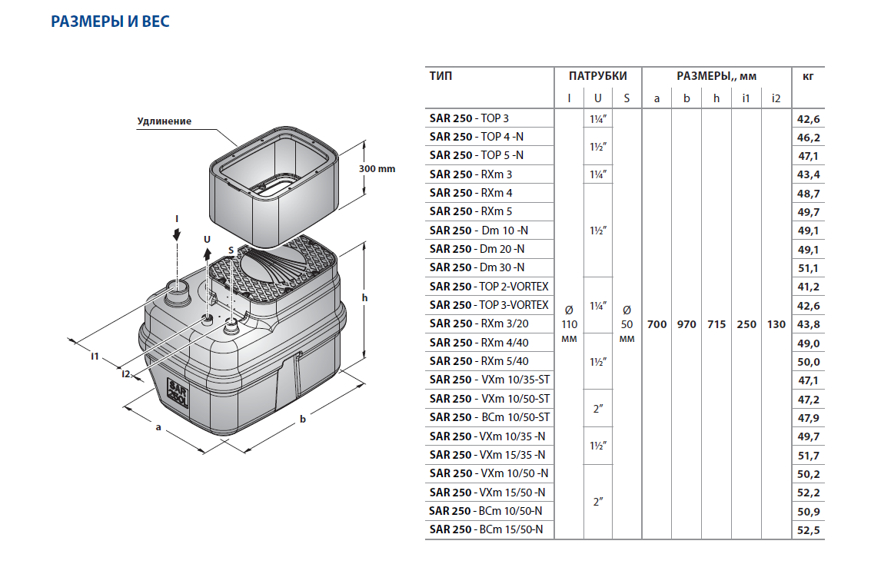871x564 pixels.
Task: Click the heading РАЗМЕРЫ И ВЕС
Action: [x=110, y=22]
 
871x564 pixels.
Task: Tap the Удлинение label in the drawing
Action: [x=164, y=121]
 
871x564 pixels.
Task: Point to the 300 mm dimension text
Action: [x=377, y=169]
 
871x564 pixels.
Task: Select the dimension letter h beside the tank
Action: [x=365, y=298]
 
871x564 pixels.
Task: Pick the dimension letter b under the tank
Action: [x=302, y=419]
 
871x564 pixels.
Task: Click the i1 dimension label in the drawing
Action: [x=95, y=355]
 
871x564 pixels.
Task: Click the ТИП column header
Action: [x=441, y=76]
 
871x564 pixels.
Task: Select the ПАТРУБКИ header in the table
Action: [x=597, y=76]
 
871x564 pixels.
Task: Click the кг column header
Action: [x=807, y=76]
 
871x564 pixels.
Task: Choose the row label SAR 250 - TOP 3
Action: [x=469, y=118]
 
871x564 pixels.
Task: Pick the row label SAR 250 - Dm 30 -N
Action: [x=477, y=267]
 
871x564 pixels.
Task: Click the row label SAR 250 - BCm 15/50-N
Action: [x=486, y=529]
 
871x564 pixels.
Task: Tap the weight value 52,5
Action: [x=809, y=529]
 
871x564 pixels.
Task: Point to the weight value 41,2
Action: [x=809, y=287]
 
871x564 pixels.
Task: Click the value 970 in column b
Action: [x=686, y=324]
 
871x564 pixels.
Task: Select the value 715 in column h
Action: [x=716, y=324]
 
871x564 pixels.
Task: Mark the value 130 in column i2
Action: [x=776, y=324]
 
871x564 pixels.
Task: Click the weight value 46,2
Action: [x=809, y=137]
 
